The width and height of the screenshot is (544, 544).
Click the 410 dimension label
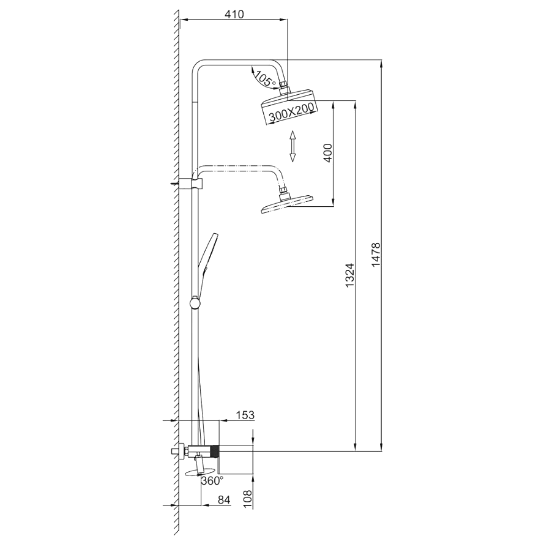[234, 14]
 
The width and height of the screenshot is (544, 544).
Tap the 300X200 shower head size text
[291, 112]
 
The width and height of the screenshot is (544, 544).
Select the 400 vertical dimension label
[327, 152]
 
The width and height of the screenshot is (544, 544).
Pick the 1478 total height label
[376, 255]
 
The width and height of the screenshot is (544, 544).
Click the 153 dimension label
[245, 415]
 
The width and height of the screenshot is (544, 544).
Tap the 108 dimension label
[247, 499]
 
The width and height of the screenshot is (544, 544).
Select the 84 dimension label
[224, 500]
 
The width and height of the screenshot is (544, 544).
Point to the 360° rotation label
[212, 481]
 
